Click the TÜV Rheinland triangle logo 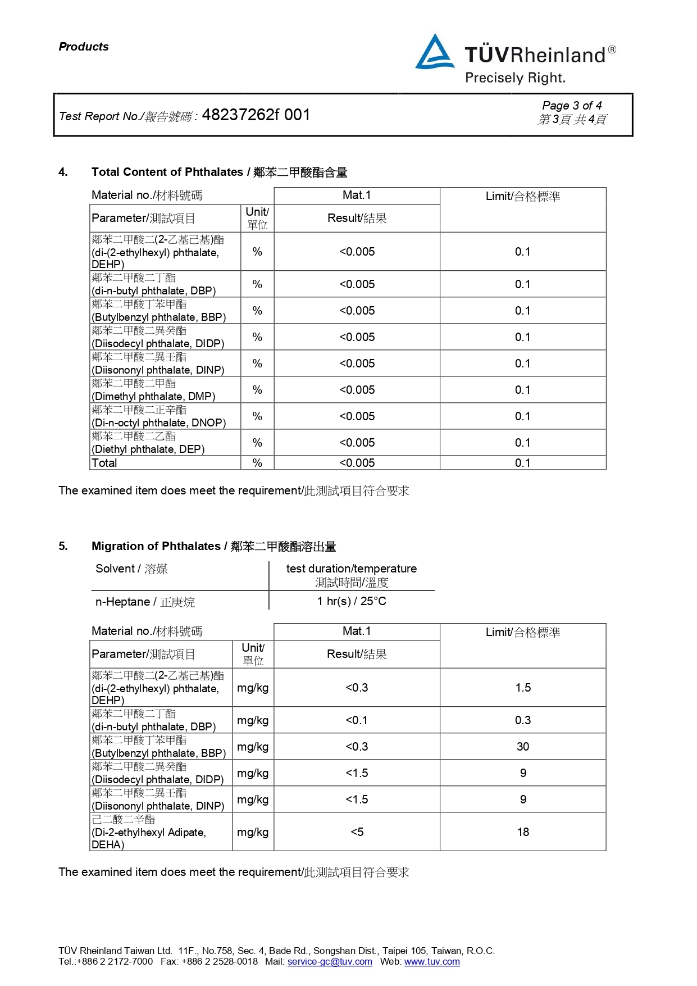pyautogui.click(x=434, y=53)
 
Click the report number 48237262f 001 pyautogui.click(x=256, y=115)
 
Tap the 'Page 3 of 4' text pyautogui.click(x=572, y=106)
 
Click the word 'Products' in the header pyautogui.click(x=84, y=47)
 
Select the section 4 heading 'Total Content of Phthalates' pyautogui.click(x=167, y=172)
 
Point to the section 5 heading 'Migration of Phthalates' pyautogui.click(x=156, y=546)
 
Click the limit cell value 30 pyautogui.click(x=523, y=747)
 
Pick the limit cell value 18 pyautogui.click(x=523, y=832)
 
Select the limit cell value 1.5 pyautogui.click(x=523, y=688)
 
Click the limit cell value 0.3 pyautogui.click(x=523, y=720)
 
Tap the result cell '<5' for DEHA pyautogui.click(x=357, y=832)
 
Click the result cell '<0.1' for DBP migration pyautogui.click(x=357, y=720)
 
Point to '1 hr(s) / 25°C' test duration pyautogui.click(x=352, y=601)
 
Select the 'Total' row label pyautogui.click(x=104, y=463)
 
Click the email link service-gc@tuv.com pyautogui.click(x=330, y=961)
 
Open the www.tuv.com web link pyautogui.click(x=432, y=961)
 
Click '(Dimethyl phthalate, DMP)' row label pyautogui.click(x=153, y=396)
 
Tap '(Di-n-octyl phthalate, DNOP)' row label pyautogui.click(x=158, y=422)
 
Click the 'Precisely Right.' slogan pyautogui.click(x=515, y=78)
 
